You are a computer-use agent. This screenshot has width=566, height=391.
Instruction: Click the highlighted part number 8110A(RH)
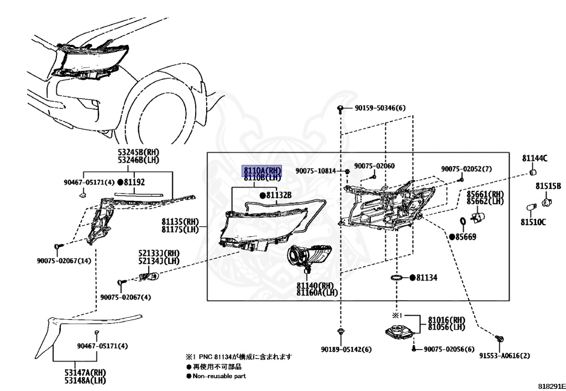coord(263,171)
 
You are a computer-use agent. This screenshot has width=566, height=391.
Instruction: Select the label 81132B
coord(278,195)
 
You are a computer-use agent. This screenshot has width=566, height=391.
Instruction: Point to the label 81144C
coord(534,158)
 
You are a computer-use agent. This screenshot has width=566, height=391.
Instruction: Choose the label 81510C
coord(532,222)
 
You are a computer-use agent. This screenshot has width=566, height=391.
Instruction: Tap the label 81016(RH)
coord(447,320)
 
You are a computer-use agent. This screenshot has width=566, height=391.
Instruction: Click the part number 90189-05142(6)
coord(345,350)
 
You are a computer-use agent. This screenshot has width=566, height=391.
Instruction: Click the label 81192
coord(134,181)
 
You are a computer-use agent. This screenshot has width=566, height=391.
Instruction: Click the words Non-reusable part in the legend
coord(219,376)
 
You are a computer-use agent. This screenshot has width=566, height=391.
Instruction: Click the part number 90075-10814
coord(315,171)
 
